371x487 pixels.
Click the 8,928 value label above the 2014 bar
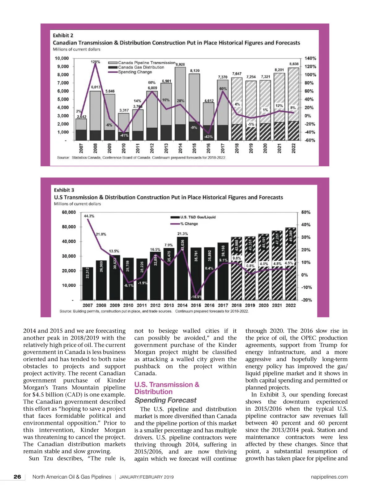pos(180,64)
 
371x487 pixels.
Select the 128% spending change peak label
pos(95,62)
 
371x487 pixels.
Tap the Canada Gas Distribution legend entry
pos(141,67)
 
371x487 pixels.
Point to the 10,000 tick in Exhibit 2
pos(62,58)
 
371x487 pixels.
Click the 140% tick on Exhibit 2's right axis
pos(310,58)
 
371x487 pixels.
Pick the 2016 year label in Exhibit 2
pos(208,148)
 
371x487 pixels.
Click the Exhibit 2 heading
pos(63,36)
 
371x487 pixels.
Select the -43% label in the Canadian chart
pos(208,137)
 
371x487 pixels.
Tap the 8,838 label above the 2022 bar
pos(294,64)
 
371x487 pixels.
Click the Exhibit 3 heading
pos(64,190)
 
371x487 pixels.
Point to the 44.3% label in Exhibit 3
pos(89,216)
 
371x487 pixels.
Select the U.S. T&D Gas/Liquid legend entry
pos(198,217)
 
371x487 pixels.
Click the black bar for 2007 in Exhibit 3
pos(87,283)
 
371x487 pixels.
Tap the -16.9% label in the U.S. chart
pos(196,297)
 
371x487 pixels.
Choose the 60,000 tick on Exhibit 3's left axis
pos(69,212)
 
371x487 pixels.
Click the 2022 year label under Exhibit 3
pos(290,305)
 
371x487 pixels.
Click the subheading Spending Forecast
pos(165,400)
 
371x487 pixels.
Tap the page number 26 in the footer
pos(17,477)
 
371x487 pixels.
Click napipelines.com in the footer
pos(329,477)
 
